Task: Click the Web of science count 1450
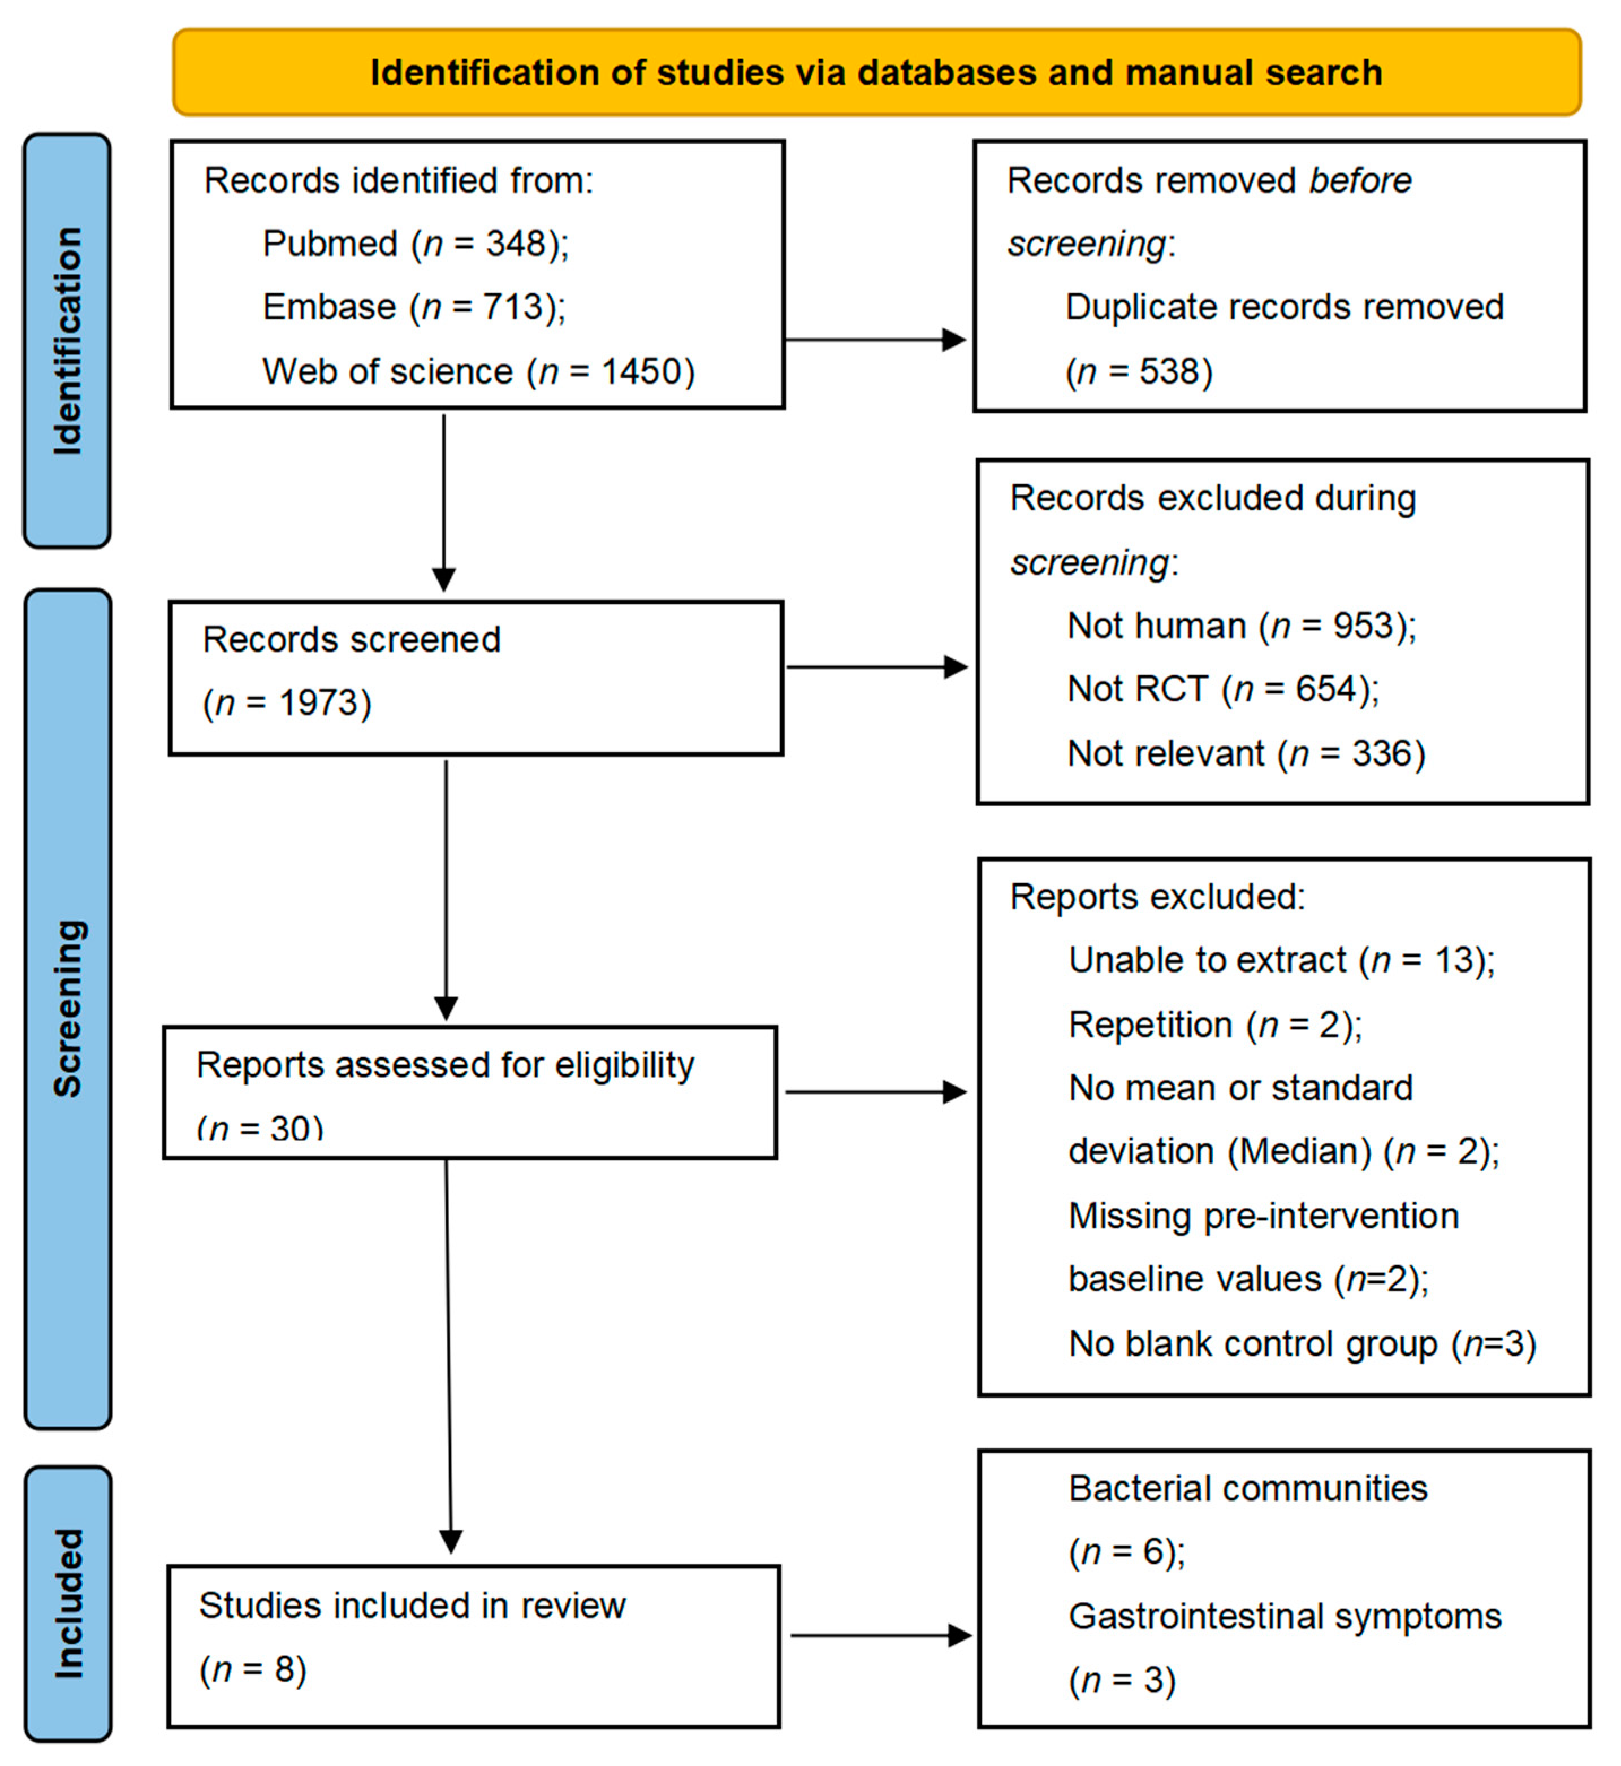pos(641,372)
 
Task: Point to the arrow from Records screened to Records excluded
pos(876,667)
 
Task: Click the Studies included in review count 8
pos(284,1669)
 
